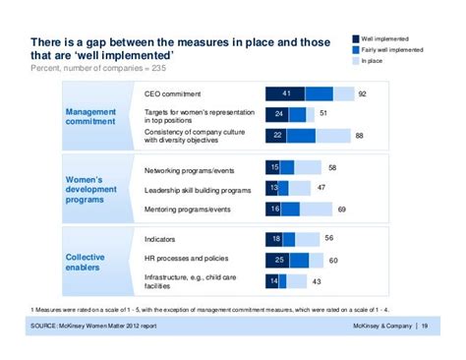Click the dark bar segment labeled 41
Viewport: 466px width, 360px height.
pos(285,93)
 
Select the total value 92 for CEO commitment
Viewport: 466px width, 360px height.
pos(363,94)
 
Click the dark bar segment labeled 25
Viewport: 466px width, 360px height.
pos(279,260)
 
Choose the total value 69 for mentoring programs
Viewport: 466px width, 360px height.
pos(341,209)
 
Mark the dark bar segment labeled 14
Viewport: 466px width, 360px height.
pos(273,281)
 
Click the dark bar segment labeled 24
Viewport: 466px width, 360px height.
pos(279,113)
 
